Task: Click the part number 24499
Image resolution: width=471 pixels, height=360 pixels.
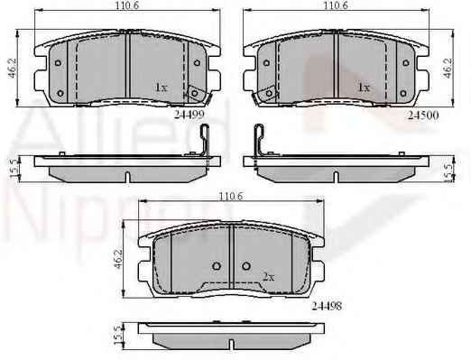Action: click(x=189, y=115)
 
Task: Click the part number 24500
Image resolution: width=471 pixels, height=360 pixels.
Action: click(x=423, y=115)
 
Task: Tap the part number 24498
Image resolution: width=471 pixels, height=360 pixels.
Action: click(x=327, y=306)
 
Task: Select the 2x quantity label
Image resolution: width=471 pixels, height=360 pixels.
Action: click(x=269, y=277)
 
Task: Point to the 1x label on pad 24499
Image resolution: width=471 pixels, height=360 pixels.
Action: click(x=161, y=88)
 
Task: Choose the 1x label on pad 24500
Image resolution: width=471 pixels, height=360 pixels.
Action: click(x=364, y=88)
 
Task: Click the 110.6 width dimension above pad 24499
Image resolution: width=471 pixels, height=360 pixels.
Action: click(x=127, y=5)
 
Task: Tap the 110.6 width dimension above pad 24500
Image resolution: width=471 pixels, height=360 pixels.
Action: click(x=336, y=5)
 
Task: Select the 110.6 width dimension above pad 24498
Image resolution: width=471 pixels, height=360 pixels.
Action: click(x=230, y=197)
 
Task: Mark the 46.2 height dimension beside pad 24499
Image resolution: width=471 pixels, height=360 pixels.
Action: click(x=13, y=68)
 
